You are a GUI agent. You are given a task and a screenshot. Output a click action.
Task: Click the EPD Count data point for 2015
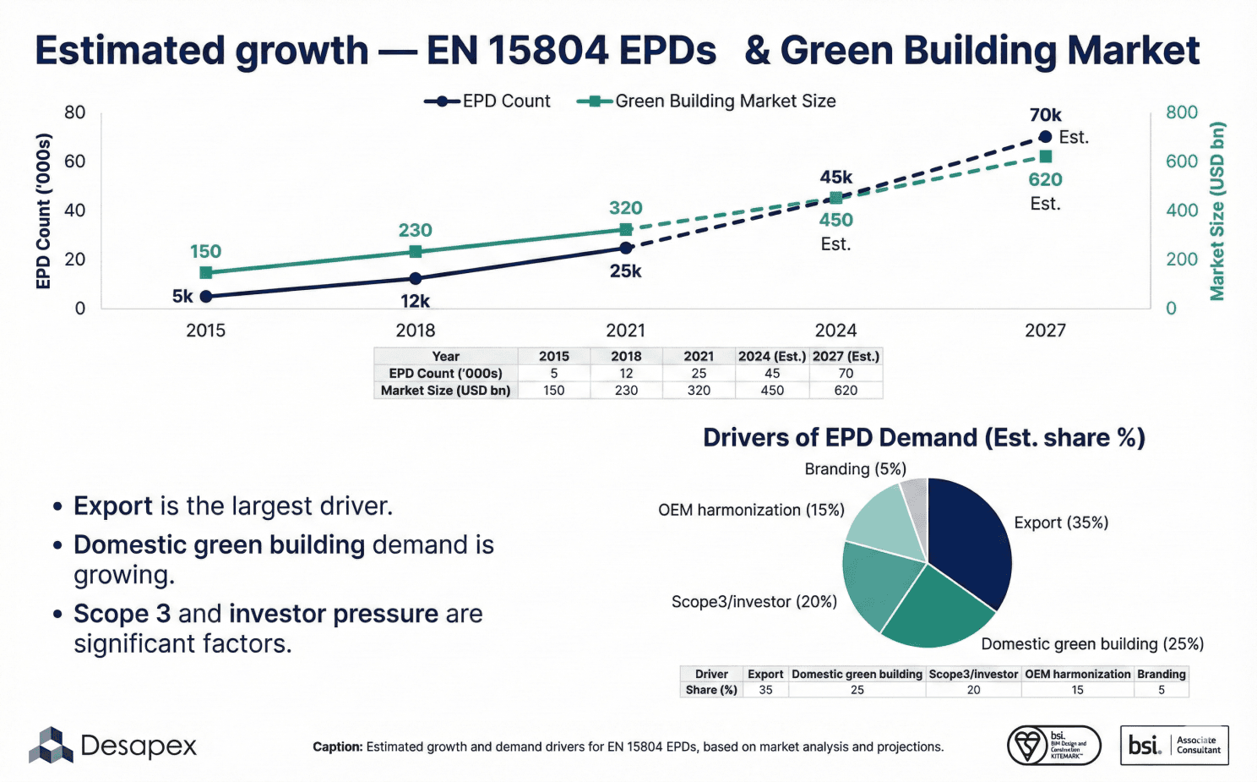point(206,296)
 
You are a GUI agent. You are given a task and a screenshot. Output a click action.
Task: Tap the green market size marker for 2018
point(416,252)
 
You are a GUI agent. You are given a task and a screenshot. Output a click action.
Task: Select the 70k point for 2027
point(1045,137)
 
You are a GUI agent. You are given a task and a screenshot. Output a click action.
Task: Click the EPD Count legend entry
point(487,101)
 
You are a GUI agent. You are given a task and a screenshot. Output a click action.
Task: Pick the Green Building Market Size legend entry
point(706,101)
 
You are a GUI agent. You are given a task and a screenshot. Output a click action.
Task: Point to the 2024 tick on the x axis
point(835,331)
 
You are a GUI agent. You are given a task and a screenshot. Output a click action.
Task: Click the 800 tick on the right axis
point(1182,112)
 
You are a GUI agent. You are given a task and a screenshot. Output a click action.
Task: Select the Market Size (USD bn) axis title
point(1217,211)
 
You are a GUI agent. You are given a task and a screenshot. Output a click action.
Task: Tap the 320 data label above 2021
point(626,208)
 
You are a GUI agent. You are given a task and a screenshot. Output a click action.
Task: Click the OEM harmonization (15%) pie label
point(751,510)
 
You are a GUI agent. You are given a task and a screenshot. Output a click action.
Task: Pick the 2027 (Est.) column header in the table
point(846,357)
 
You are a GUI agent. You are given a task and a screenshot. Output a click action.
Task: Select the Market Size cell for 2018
point(626,391)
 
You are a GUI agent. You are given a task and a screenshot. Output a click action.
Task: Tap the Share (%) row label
point(711,690)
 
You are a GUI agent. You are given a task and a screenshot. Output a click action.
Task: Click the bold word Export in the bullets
point(113,506)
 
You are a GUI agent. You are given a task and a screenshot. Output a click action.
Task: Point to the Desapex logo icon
point(52,746)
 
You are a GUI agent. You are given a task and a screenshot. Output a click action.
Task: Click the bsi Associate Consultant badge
point(1174,746)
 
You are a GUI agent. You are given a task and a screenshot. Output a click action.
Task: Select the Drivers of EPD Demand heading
point(924,438)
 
